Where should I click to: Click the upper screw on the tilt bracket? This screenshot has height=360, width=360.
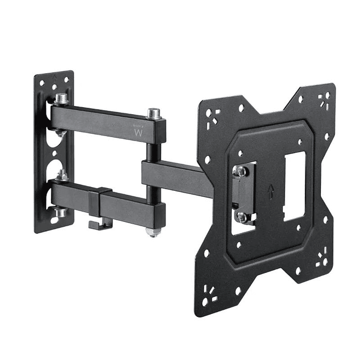(x=241, y=171)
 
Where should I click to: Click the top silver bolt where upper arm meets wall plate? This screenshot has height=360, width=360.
(x=62, y=99)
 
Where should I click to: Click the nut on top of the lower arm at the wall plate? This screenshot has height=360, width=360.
(x=63, y=175)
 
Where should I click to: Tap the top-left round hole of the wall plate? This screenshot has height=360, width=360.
(x=42, y=83)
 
